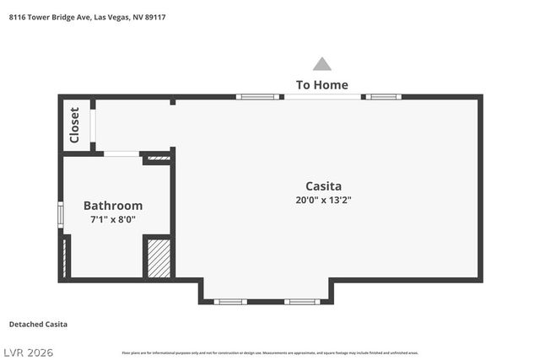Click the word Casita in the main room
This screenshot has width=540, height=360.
(323, 185)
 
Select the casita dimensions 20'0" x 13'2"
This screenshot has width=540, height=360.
(323, 201)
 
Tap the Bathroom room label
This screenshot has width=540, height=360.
(113, 205)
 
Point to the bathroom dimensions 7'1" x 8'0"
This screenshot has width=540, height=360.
(113, 219)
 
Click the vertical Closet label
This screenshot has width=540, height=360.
(74, 125)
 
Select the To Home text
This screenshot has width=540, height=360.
(321, 84)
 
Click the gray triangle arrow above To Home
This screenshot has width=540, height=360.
(321, 64)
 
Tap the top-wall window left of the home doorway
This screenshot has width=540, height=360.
(258, 97)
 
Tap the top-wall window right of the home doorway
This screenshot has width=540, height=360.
(382, 97)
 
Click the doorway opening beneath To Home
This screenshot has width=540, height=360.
(322, 97)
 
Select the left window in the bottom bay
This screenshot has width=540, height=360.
(229, 301)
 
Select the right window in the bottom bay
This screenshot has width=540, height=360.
(301, 301)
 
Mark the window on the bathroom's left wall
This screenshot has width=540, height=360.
(60, 214)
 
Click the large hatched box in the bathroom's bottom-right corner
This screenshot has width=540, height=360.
(159, 257)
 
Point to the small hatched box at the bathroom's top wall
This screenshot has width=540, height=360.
(156, 157)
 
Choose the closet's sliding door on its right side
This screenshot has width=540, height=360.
(94, 126)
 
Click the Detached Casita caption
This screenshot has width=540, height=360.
(38, 325)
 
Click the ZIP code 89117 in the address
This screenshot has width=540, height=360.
(154, 16)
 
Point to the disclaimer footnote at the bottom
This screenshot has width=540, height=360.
(270, 352)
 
